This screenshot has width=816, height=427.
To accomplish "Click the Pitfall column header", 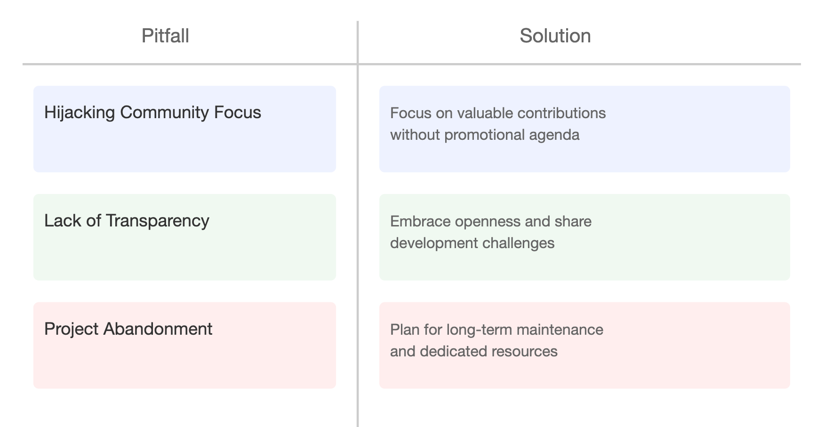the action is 165,36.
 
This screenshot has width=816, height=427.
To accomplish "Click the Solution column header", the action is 555,36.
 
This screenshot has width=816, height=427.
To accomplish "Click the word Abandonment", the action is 158,329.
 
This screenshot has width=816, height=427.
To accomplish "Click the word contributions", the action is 561,113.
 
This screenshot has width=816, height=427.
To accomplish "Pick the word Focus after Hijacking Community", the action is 238,113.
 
